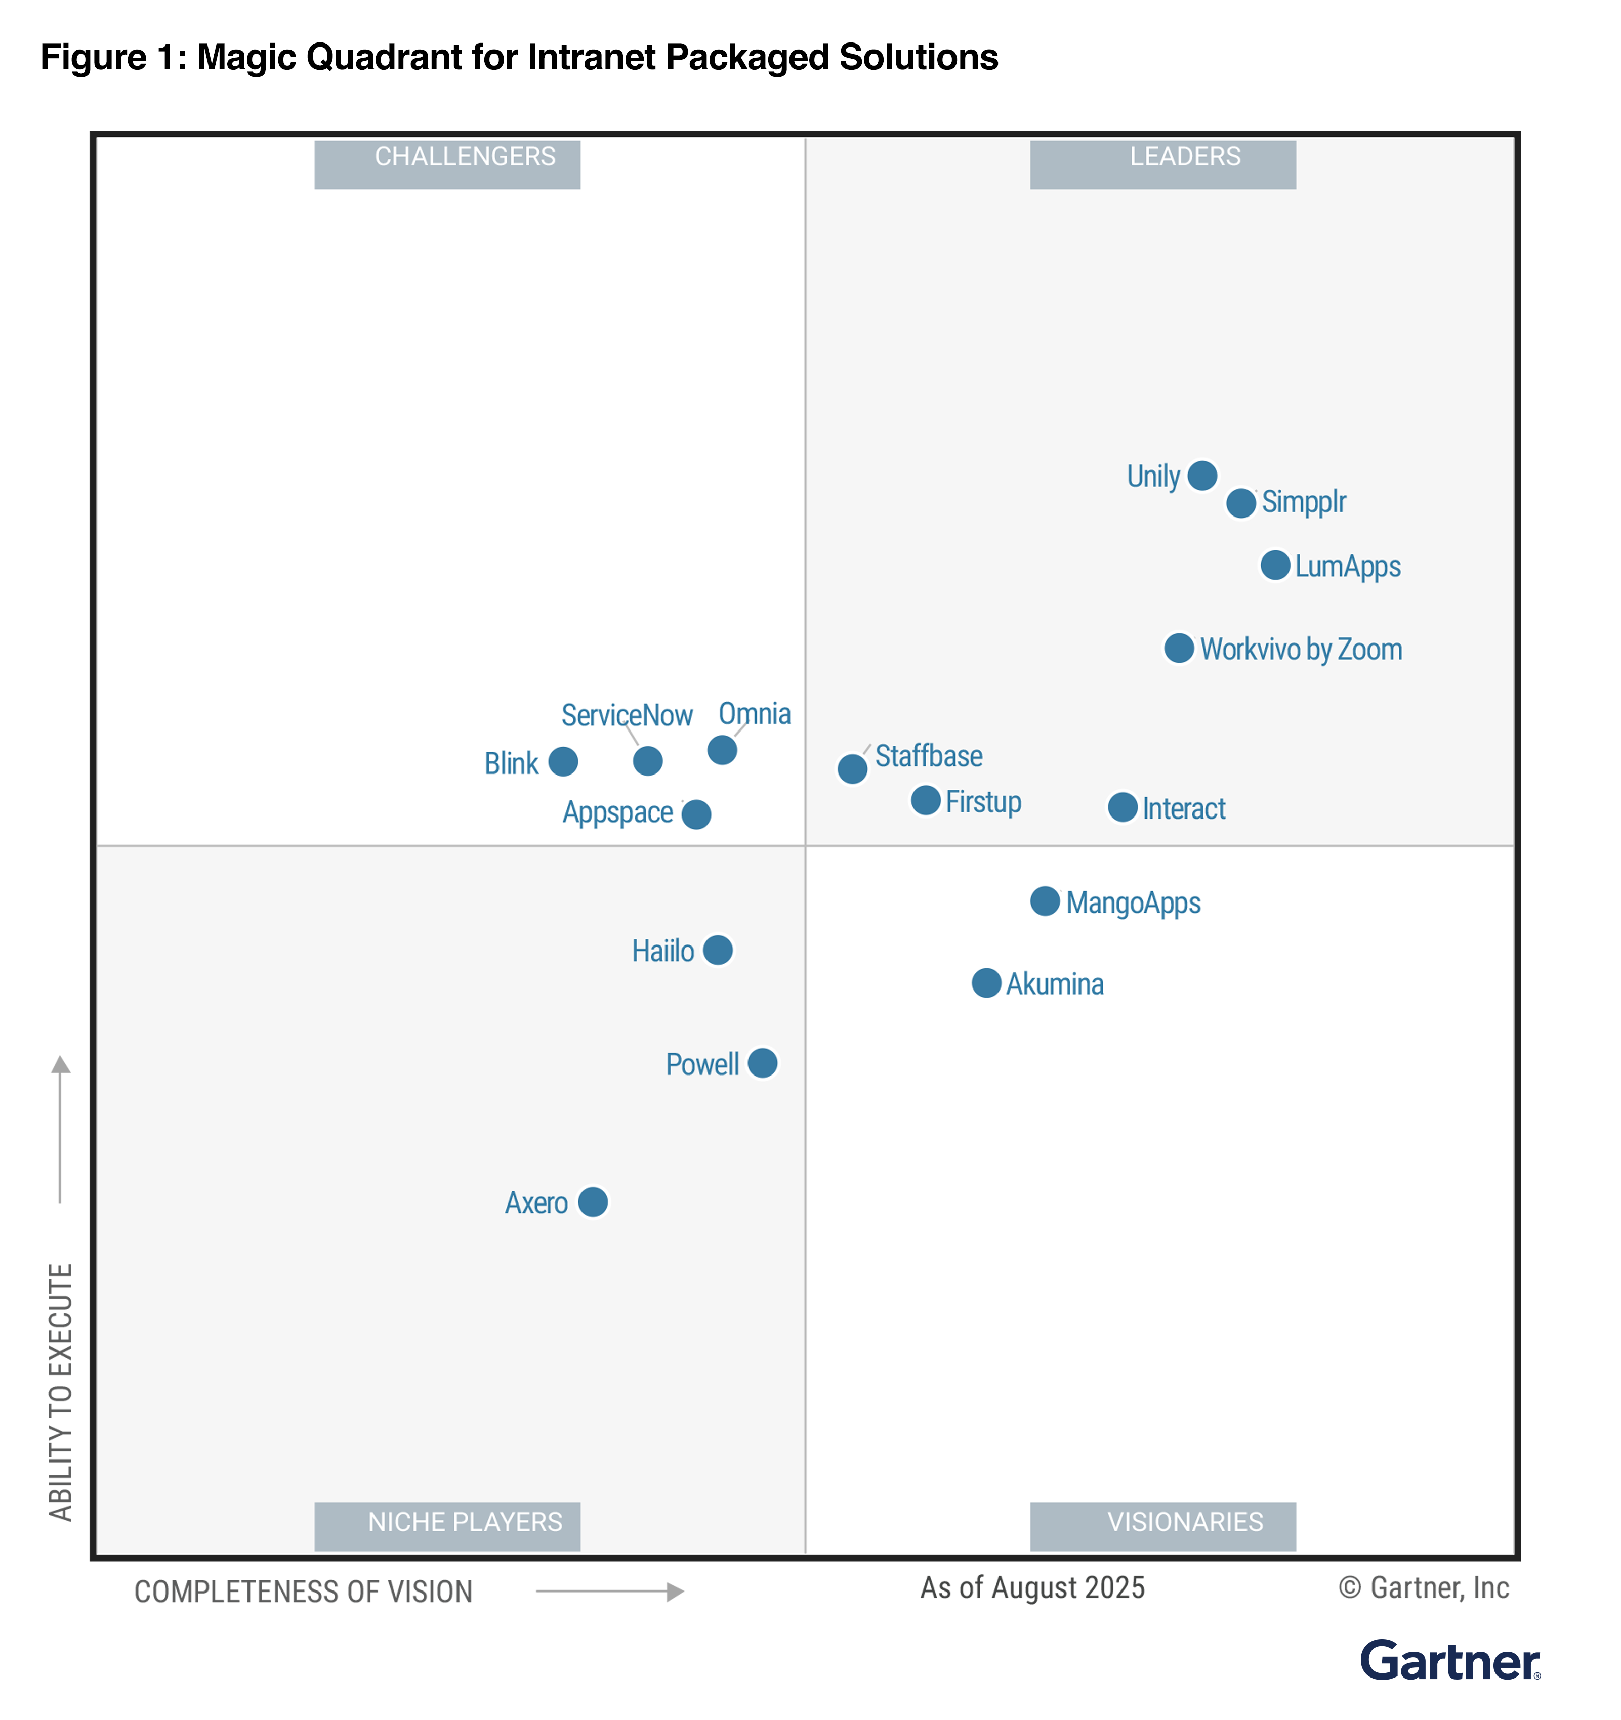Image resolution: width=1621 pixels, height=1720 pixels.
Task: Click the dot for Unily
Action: coord(1202,475)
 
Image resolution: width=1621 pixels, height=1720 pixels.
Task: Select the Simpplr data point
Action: coord(1241,503)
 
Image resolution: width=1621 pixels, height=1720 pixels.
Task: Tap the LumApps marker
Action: coord(1275,565)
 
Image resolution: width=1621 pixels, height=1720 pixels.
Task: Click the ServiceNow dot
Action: coord(647,760)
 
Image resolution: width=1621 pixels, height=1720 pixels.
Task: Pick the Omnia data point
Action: coord(722,749)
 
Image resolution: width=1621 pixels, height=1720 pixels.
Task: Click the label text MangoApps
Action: coord(1133,902)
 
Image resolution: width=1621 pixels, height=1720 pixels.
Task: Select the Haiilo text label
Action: coord(663,951)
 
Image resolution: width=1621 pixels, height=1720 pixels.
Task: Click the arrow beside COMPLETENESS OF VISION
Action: coord(610,1591)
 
